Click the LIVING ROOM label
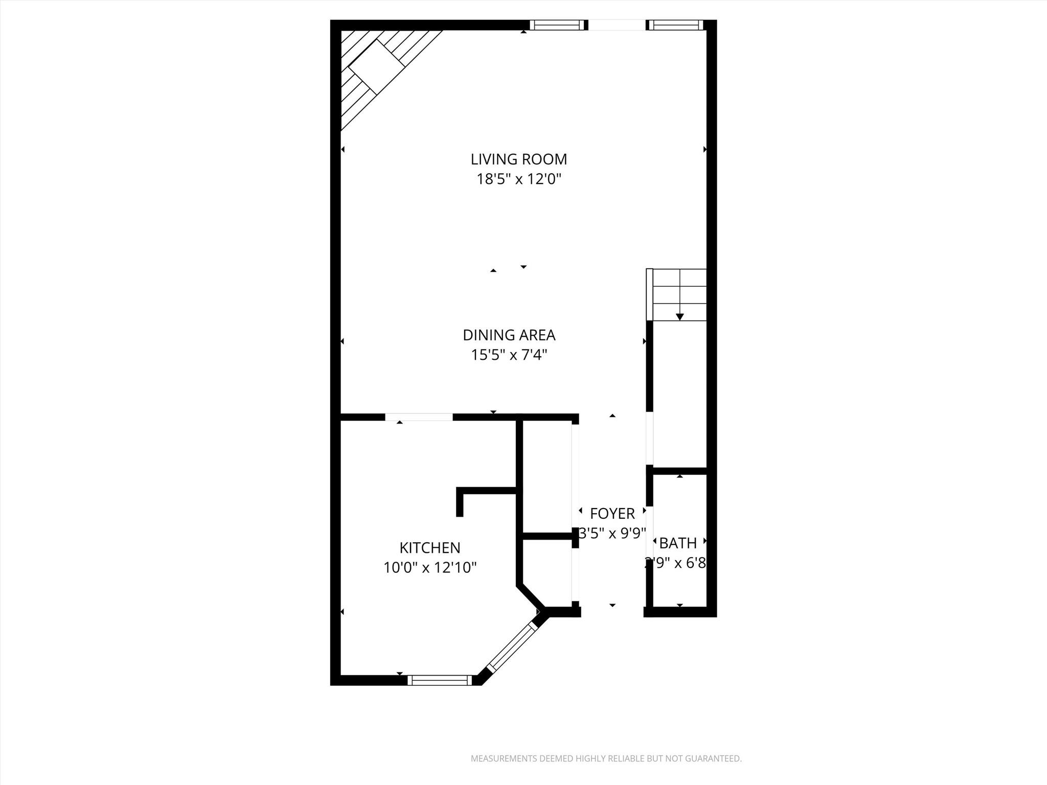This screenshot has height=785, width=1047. (518, 159)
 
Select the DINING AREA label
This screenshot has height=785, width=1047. (509, 335)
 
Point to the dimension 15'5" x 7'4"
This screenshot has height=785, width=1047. (509, 355)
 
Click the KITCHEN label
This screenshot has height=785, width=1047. (429, 548)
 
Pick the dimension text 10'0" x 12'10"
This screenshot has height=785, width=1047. (429, 568)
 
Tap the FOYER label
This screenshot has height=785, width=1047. (612, 514)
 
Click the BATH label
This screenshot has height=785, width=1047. (677, 543)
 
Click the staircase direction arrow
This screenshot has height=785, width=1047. (679, 317)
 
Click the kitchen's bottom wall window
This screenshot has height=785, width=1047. (440, 680)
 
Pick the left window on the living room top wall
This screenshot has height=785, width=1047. (557, 25)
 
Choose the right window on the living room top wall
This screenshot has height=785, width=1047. (675, 25)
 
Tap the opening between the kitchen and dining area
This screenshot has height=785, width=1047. (419, 417)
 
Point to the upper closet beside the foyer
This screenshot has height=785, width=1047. (547, 475)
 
